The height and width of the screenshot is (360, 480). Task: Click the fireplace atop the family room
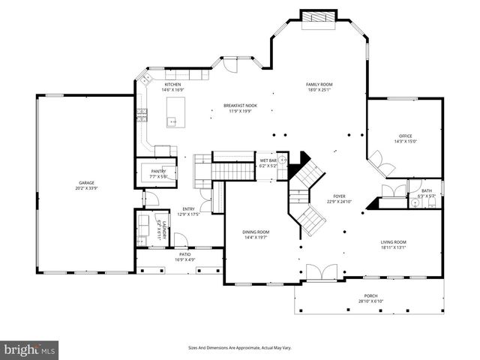[x=319, y=16]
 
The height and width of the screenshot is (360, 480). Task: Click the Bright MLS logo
[x=30, y=349]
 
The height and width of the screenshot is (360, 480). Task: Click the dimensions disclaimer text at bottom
[x=239, y=348]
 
